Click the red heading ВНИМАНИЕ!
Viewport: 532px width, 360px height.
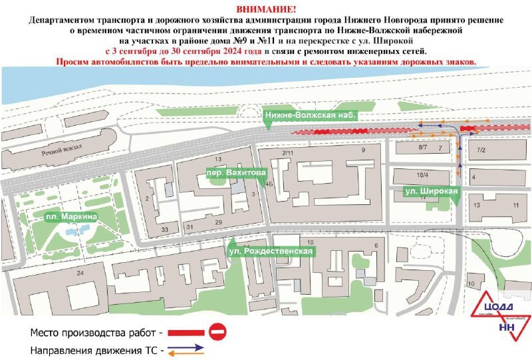267,9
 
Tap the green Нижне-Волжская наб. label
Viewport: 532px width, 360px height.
311,115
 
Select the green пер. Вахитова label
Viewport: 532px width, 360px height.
232,172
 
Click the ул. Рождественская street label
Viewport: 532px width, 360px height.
271,252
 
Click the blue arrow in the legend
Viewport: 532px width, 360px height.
194,347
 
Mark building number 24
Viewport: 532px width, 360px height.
80,273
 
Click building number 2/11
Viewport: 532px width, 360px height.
288,153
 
